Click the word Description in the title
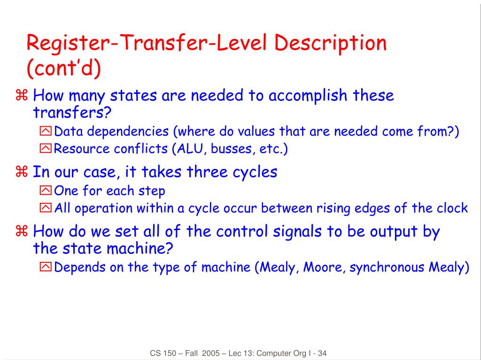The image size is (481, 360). click(x=330, y=44)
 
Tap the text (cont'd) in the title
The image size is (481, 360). click(x=64, y=68)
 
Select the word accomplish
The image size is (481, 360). click(x=308, y=96)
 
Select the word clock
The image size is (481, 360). click(x=452, y=208)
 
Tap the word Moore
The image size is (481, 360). click(x=322, y=268)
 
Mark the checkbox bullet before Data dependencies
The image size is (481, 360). click(x=46, y=132)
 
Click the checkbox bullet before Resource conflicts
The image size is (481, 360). click(x=46, y=149)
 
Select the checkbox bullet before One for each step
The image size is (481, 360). click(x=46, y=191)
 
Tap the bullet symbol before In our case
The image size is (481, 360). click(x=22, y=172)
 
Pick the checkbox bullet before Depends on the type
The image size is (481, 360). click(x=46, y=268)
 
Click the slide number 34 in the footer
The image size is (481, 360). click(x=322, y=353)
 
